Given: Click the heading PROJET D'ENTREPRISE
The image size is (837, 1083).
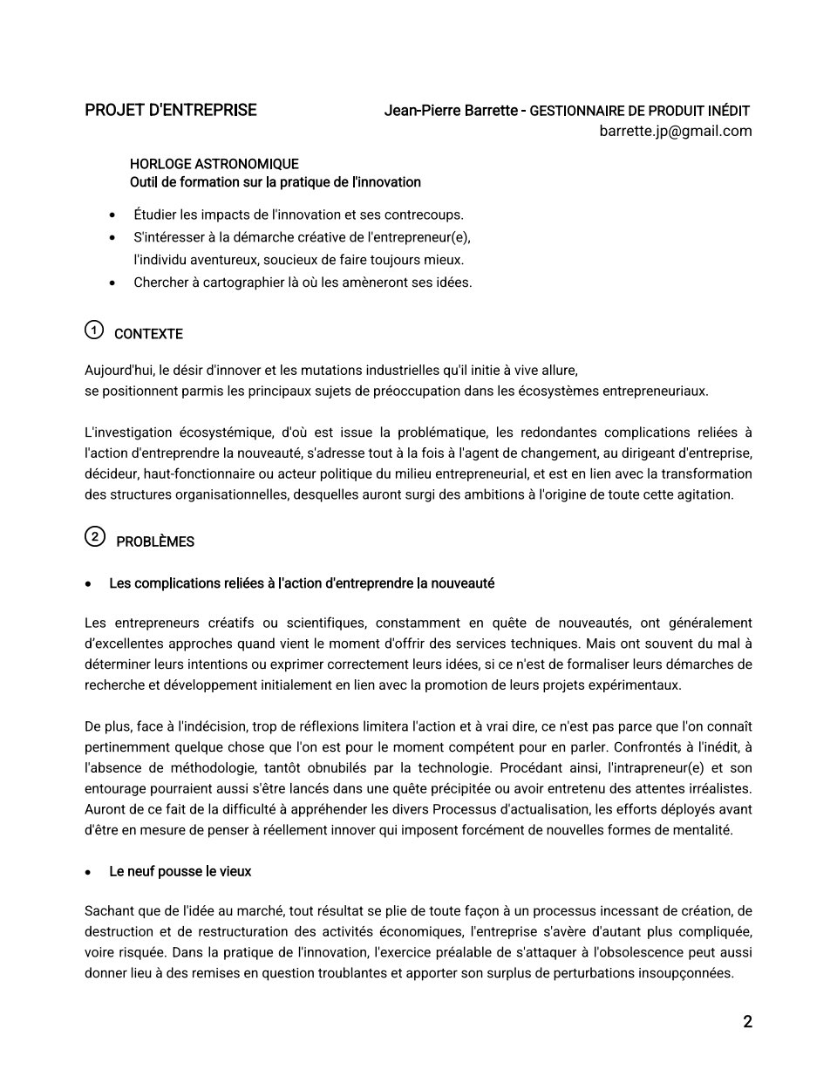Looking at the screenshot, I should (x=170, y=110).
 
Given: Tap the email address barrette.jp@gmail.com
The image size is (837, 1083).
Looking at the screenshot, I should (x=675, y=131).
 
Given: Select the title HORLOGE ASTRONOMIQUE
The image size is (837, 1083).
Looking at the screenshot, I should (x=214, y=164).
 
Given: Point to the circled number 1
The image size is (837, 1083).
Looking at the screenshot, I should (x=94, y=330).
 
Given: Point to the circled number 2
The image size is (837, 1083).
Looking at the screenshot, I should (x=94, y=536).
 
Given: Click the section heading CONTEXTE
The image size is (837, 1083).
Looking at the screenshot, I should (x=148, y=334).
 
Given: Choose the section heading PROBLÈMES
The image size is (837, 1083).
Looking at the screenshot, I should (x=155, y=541).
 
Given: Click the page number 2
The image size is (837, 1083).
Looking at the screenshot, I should (x=747, y=1022).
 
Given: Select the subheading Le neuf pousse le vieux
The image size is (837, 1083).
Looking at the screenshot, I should (x=180, y=871).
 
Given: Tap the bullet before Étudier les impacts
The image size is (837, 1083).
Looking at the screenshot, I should (x=112, y=215).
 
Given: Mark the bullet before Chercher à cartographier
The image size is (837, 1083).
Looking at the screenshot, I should (x=112, y=283).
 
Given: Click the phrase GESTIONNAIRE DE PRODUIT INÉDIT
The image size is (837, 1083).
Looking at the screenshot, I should (x=640, y=111).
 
